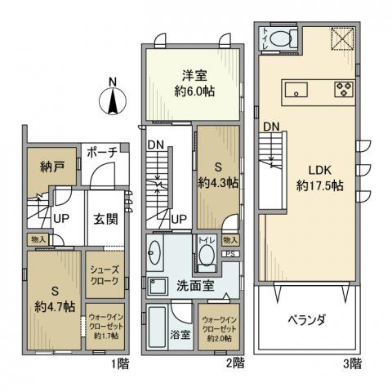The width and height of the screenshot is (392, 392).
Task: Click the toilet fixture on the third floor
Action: (x=279, y=38)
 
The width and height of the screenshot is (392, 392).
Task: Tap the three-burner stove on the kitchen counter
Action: (x=342, y=88)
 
